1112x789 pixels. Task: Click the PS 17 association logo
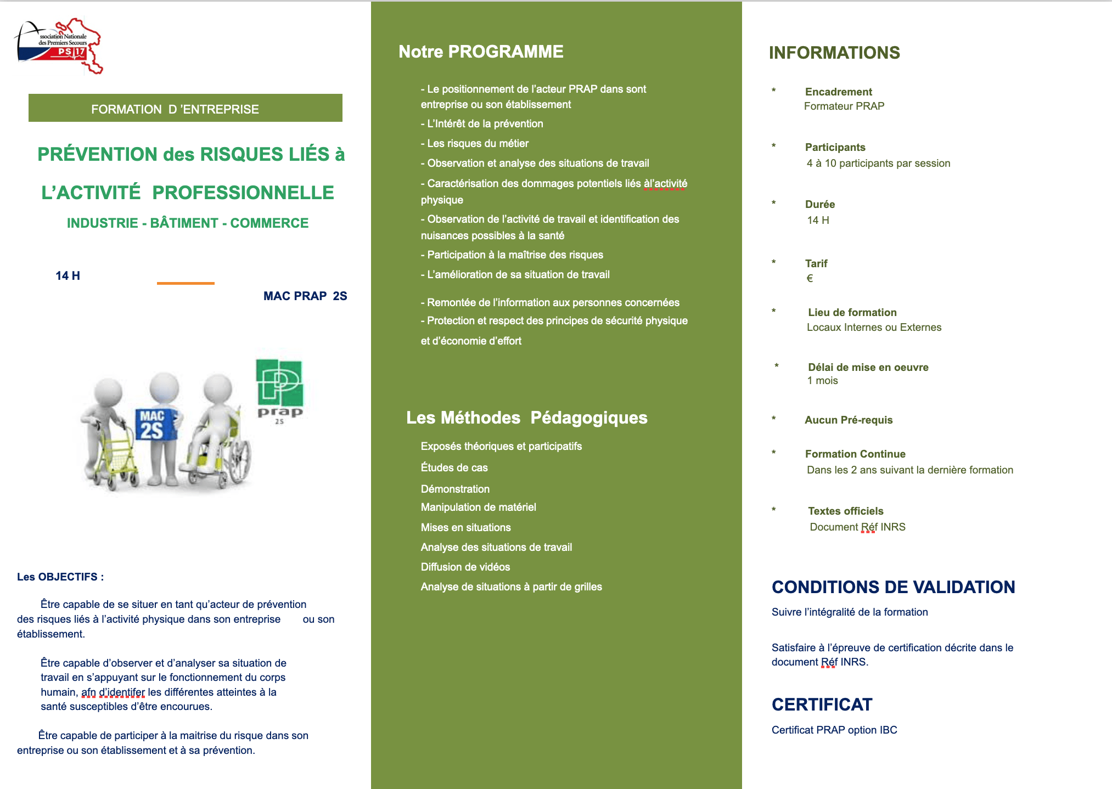pos(59,46)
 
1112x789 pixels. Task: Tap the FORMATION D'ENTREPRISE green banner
pos(186,108)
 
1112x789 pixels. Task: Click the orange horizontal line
pos(186,283)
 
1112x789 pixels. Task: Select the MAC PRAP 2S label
pos(305,296)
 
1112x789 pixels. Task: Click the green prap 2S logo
pos(280,390)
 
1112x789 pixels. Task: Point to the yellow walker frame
pos(113,458)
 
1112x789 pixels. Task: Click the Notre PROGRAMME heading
pos(481,52)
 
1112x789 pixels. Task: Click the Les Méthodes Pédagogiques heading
pos(526,418)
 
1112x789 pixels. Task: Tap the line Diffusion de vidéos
pos(465,567)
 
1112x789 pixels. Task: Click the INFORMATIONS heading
pos(834,53)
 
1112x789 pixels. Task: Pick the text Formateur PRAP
pos(844,106)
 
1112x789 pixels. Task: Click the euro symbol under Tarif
pos(810,278)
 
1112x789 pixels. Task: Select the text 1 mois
pos(823,381)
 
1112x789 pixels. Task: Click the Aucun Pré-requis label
pos(849,420)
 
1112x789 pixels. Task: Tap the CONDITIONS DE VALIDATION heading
pos(893,587)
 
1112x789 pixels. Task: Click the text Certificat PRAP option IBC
pos(834,730)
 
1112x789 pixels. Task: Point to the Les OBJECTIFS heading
pos(60,577)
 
